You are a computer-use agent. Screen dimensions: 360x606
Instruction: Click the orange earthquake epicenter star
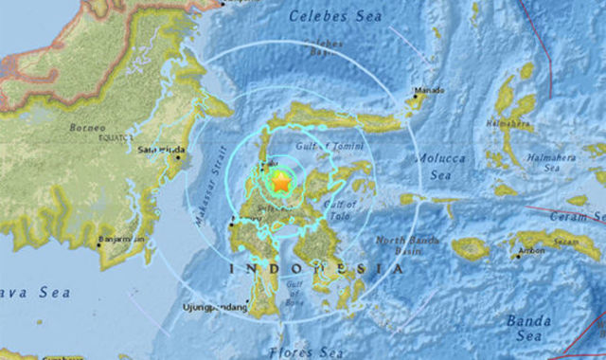pyautogui.click(x=280, y=181)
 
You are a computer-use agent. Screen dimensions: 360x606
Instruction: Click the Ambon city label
pyautogui.click(x=531, y=252)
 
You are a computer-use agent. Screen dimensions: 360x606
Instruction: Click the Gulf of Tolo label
pyautogui.click(x=338, y=209)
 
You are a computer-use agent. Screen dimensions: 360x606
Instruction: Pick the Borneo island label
pyautogui.click(x=88, y=127)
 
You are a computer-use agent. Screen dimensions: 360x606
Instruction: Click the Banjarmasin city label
pyautogui.click(x=122, y=240)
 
